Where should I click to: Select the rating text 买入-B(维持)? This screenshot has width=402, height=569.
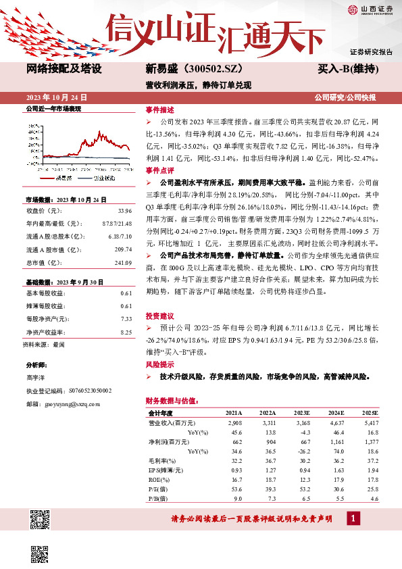pos(347,70)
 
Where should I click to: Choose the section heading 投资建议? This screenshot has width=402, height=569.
pos(159,316)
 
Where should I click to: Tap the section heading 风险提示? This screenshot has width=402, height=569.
pos(159,364)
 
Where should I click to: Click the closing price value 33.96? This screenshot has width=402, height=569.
pos(125,210)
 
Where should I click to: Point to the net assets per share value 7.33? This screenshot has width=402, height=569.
pos(126,318)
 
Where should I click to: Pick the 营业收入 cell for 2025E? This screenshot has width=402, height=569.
pos(369,422)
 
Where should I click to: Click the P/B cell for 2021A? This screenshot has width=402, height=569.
pos(236,499)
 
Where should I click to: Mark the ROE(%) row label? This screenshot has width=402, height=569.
pos(159,479)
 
